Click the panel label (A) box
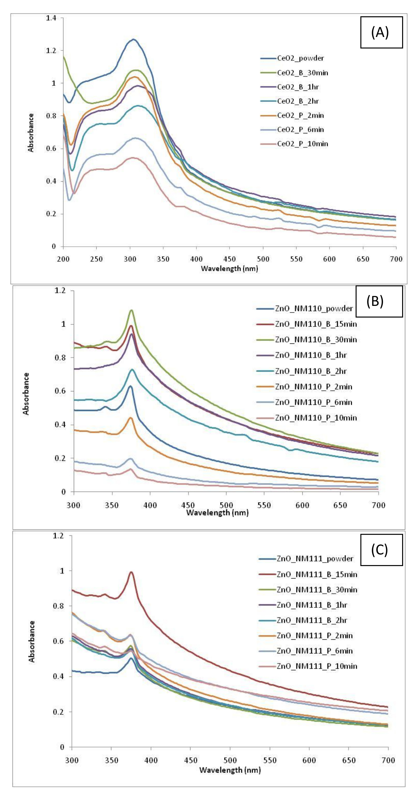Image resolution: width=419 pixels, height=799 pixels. pos(381,32)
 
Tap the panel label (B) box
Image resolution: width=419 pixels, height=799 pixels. pos(379,301)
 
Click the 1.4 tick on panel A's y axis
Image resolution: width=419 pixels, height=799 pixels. pos(51,18)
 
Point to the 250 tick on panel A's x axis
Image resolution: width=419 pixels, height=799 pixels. pos(96,259)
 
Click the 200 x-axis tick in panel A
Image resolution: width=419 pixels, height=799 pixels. pos(63,259)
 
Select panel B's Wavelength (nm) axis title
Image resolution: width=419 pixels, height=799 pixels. pos(217,513)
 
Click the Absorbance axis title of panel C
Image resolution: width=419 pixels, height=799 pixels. pos(32,642)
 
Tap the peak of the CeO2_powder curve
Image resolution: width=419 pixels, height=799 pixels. pos(134,39)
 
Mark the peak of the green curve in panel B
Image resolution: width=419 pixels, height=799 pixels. pos(132,310)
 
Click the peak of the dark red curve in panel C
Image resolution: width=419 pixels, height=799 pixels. pos(131,573)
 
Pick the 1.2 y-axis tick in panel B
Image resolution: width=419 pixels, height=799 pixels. pos(60,291)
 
